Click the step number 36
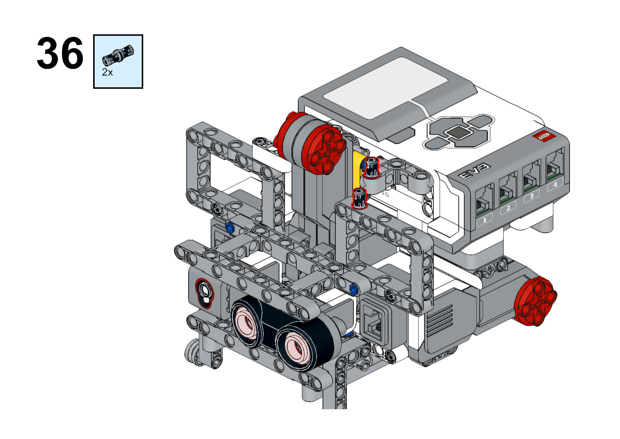pos(60,53)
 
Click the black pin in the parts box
pos(118,55)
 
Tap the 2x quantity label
pos(108,72)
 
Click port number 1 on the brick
pos(485,220)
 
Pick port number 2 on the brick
pos(508,208)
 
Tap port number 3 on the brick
pos(531,197)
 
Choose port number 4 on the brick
pos(555,185)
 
